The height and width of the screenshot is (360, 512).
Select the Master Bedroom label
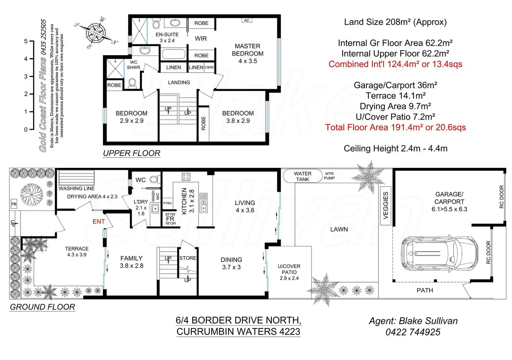pyautogui.click(x=248, y=54)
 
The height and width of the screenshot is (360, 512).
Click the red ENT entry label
pyautogui.click(x=98, y=221)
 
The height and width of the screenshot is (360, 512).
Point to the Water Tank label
pyautogui.click(x=303, y=177)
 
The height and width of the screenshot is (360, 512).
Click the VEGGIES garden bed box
pyautogui.click(x=385, y=206)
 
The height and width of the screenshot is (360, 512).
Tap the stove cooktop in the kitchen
pyautogui.click(x=186, y=177)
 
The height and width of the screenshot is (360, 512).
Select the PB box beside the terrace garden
pyautogui.click(x=14, y=204)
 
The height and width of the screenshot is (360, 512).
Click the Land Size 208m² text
pyautogui.click(x=395, y=22)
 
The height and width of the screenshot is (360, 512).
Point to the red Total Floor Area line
pyautogui.click(x=395, y=128)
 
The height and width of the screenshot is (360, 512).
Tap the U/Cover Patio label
pyautogui.click(x=289, y=272)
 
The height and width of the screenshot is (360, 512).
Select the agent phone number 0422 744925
pyautogui.click(x=413, y=332)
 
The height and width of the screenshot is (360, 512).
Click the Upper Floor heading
pyautogui.click(x=131, y=153)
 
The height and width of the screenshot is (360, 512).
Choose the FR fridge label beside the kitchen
pyautogui.click(x=170, y=219)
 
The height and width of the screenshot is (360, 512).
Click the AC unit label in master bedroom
pyautogui.click(x=247, y=21)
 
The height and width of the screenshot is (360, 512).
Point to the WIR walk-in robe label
pyautogui.click(x=201, y=39)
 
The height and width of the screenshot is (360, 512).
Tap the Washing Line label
pyautogui.click(x=77, y=188)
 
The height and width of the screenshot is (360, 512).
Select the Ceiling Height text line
pyautogui.click(x=395, y=148)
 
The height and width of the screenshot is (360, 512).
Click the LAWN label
pyautogui.click(x=339, y=229)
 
